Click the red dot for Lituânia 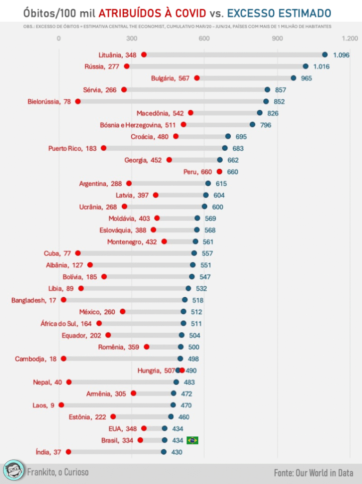click(144, 55)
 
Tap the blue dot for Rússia click(305, 67)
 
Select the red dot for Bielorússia click(78, 102)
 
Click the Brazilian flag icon click(193, 440)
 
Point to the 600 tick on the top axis click(204, 38)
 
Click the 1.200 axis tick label click(350, 38)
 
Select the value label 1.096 click(341, 55)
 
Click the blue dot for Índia click(164, 452)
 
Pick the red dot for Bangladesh click(64, 300)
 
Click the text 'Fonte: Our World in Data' click(313, 472)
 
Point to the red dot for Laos click(61, 405)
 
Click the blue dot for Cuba click(194, 253)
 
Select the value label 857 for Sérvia click(281, 90)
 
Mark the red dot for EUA click(144, 428)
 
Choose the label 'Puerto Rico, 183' click(72, 148)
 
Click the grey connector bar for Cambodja click(122, 358)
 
